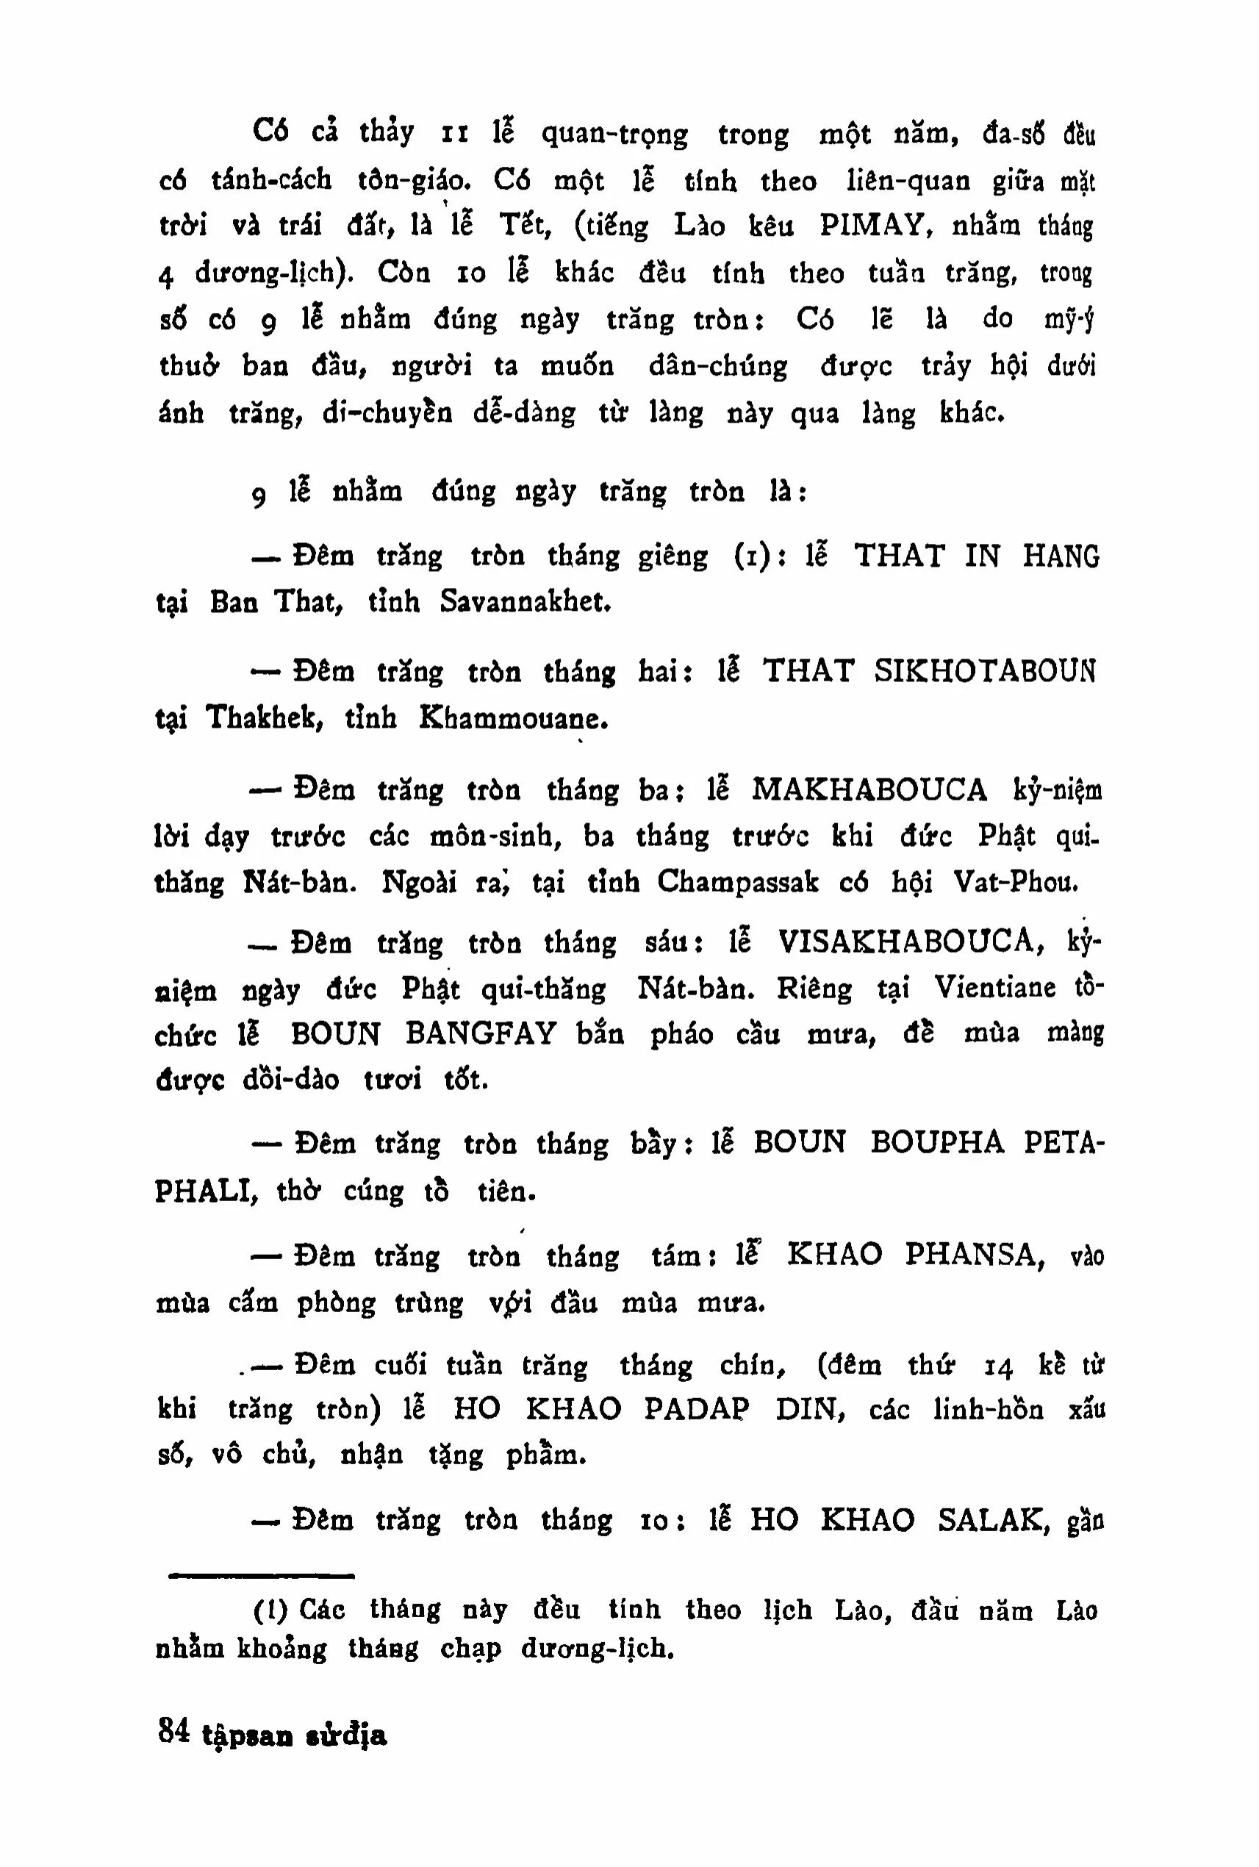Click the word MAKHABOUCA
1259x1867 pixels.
coord(869,790)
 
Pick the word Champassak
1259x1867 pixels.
coord(738,883)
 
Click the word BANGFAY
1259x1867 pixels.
coord(480,1033)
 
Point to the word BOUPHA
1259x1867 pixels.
coord(937,1143)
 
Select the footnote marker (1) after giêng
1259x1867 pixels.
coord(749,556)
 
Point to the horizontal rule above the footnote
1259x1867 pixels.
coord(260,1577)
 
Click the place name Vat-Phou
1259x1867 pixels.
coord(1016,883)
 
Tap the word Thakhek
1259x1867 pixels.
coord(264,717)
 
